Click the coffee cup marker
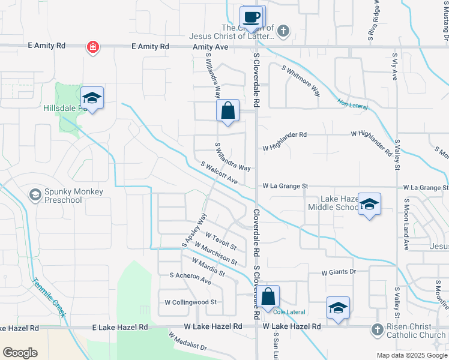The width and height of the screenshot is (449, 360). click(252, 16)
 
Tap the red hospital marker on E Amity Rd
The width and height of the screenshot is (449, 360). click(92, 46)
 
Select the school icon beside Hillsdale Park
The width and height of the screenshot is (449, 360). click(92, 97)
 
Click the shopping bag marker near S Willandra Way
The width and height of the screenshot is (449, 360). click(228, 111)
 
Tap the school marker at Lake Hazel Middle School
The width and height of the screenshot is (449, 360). click(369, 204)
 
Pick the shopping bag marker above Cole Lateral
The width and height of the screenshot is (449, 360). click(269, 296)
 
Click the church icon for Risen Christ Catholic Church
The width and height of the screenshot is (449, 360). click(376, 329)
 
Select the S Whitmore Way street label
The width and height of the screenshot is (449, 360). click(301, 80)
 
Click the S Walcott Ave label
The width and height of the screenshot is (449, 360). click(219, 173)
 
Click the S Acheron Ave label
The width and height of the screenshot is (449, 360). click(191, 278)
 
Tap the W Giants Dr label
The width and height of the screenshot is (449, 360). click(339, 272)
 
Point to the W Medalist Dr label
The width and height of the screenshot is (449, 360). click(187, 343)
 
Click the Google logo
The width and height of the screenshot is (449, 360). click(20, 353)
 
